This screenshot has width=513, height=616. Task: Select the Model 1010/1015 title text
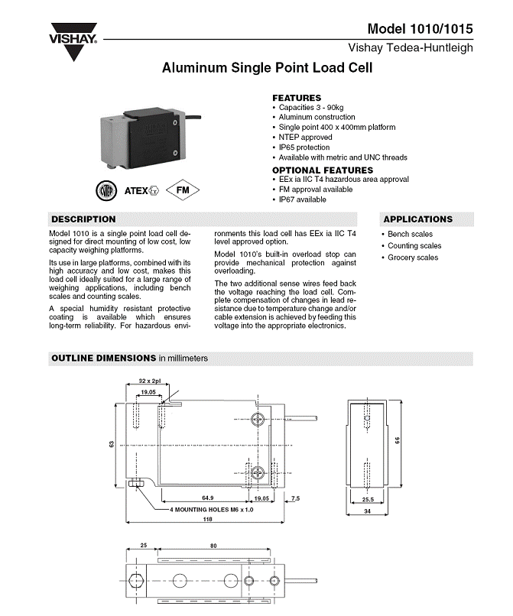(x=420, y=29)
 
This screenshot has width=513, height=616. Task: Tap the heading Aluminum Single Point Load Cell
(x=267, y=68)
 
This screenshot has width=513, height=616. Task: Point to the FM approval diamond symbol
(x=182, y=190)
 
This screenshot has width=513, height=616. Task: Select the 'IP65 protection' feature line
(x=307, y=148)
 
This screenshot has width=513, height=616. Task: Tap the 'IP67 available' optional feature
(x=302, y=199)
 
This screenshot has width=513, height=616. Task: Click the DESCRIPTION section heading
(x=83, y=219)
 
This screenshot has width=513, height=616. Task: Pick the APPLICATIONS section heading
(x=417, y=219)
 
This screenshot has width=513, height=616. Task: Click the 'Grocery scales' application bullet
(x=413, y=258)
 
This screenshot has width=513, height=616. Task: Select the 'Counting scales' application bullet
(x=414, y=246)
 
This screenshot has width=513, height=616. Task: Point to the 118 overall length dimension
(x=207, y=519)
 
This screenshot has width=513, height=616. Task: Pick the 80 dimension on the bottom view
(x=213, y=546)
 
